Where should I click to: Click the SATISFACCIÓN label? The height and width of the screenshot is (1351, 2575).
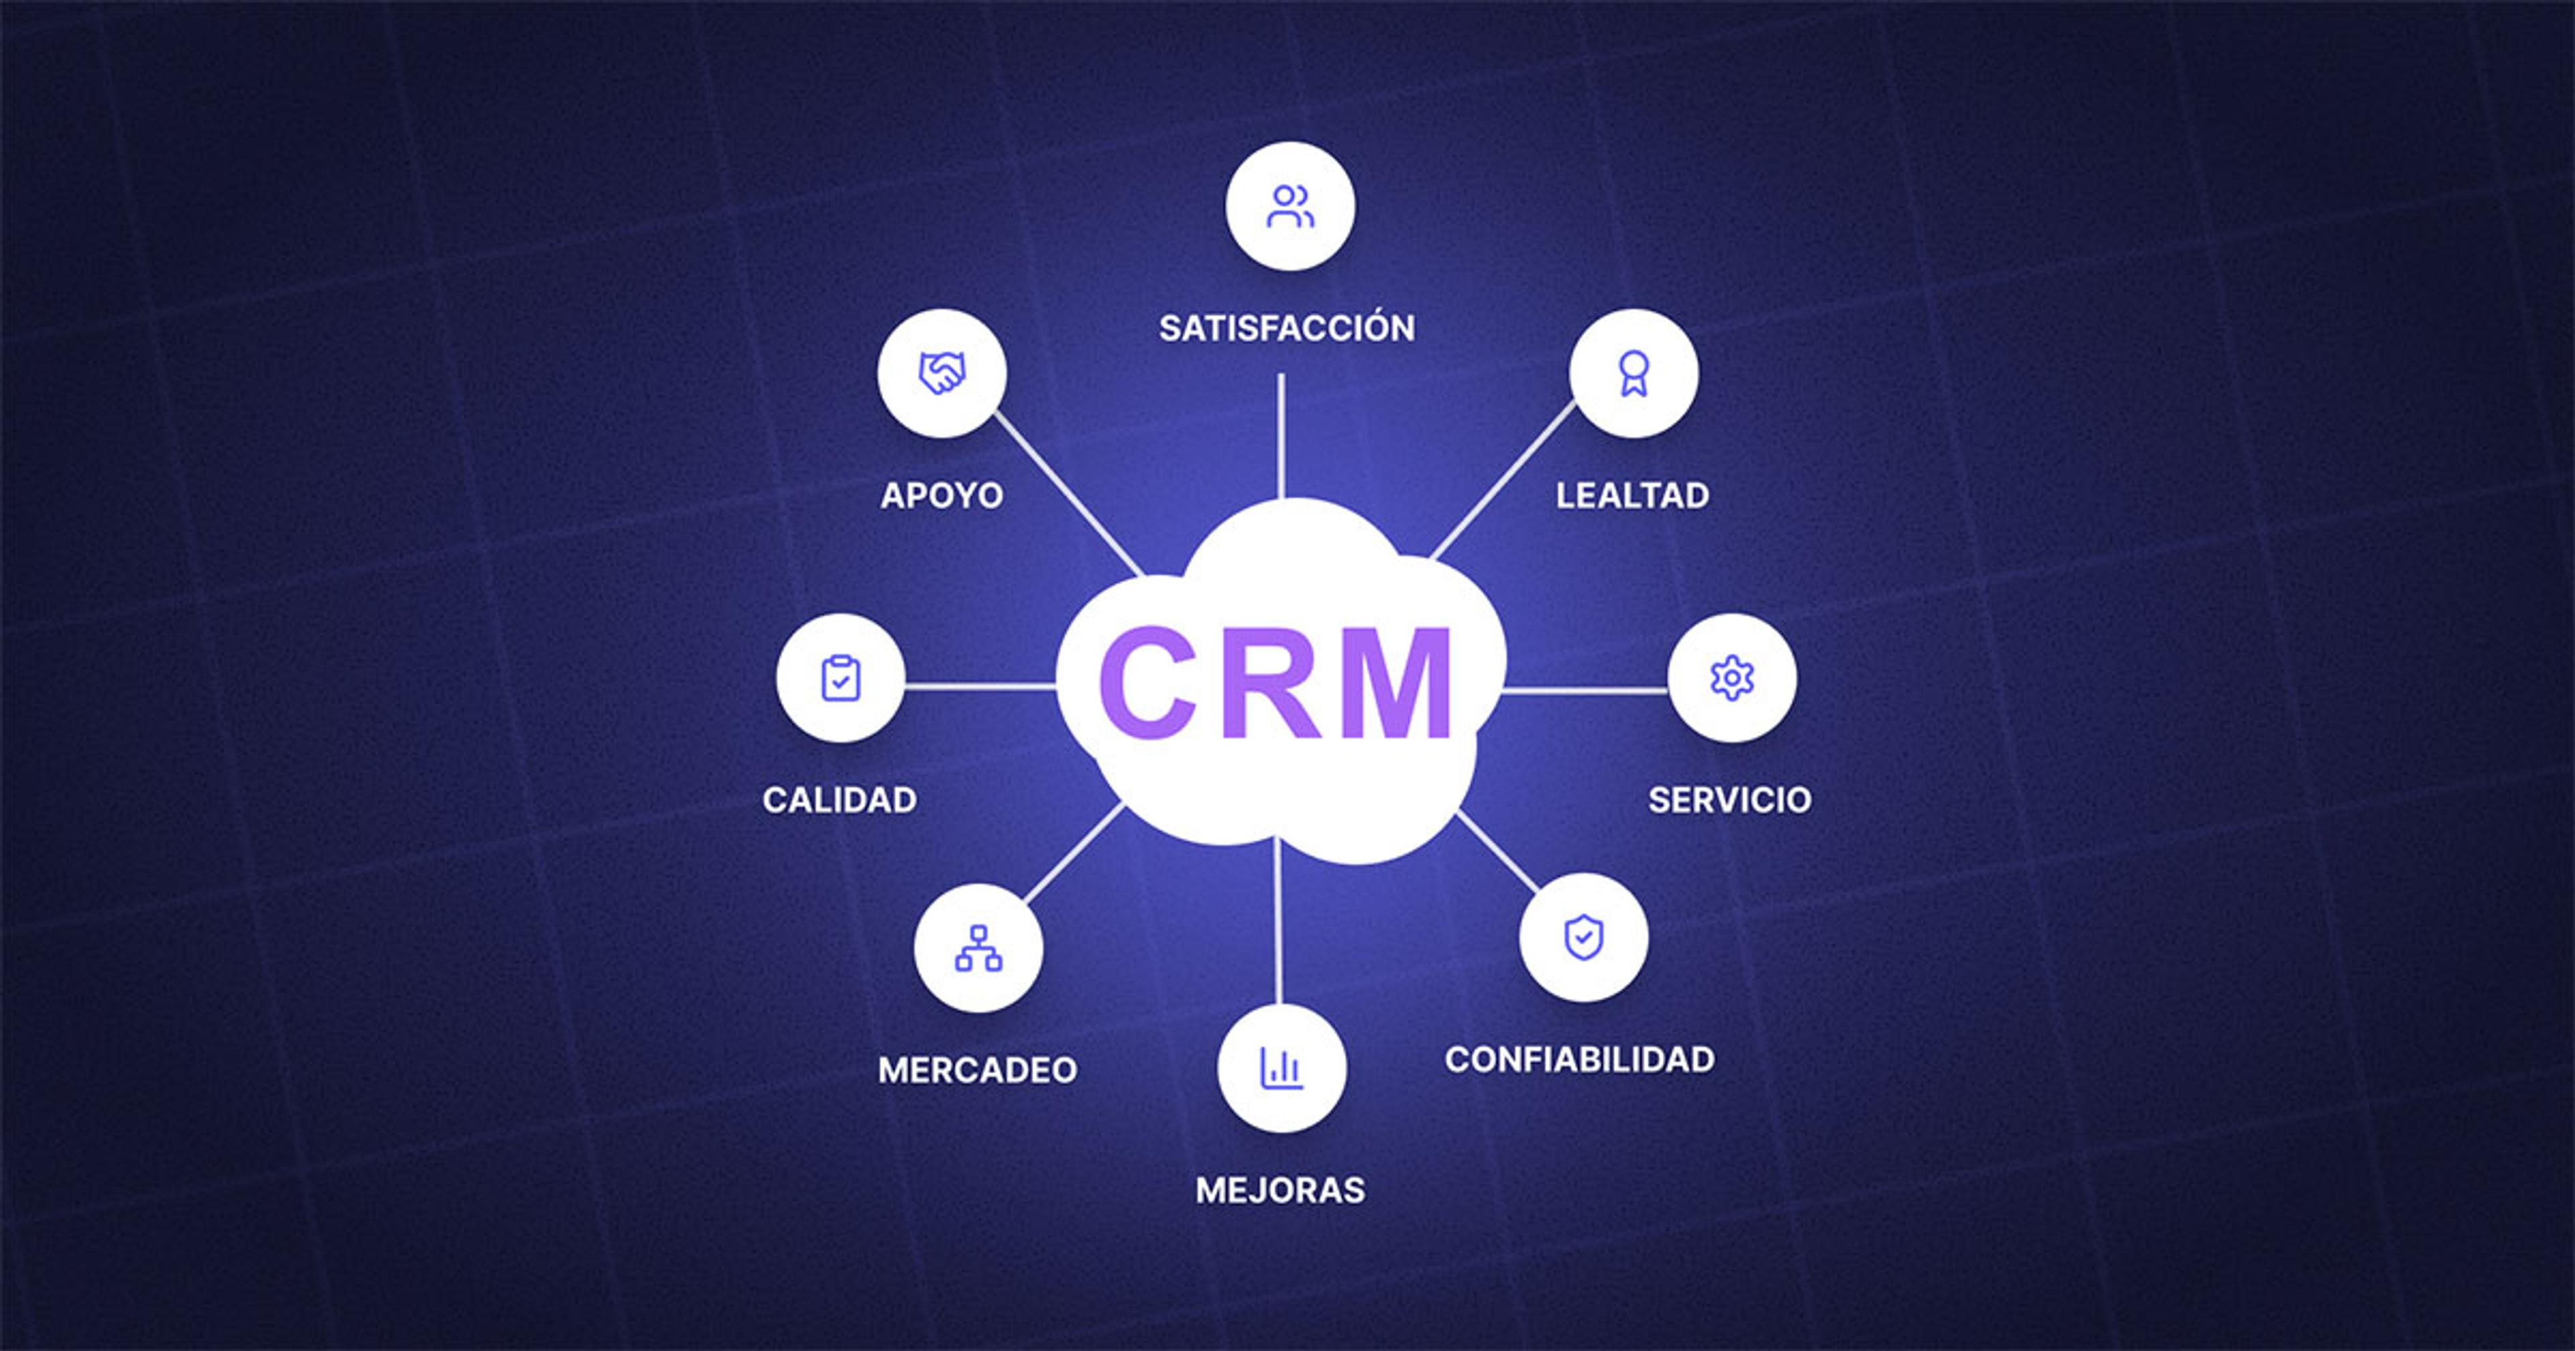pyautogui.click(x=1287, y=328)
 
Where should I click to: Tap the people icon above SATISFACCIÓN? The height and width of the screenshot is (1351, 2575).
pyautogui.click(x=1290, y=206)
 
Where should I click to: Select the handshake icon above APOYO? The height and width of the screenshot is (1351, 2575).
pyautogui.click(x=941, y=373)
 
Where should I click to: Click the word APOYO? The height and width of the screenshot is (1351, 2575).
pyautogui.click(x=941, y=496)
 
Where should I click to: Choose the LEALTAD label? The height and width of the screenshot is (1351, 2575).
pyautogui.click(x=1632, y=496)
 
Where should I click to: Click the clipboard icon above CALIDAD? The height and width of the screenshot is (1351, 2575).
pyautogui.click(x=841, y=678)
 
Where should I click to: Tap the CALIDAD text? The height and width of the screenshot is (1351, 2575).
pyautogui.click(x=840, y=799)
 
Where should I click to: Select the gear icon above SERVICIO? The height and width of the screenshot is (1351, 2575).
pyautogui.click(x=1731, y=678)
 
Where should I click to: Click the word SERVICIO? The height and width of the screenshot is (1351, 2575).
pyautogui.click(x=1729, y=799)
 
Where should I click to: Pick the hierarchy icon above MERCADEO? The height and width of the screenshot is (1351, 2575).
pyautogui.click(x=978, y=948)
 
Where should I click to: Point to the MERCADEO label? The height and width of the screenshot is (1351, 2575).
pyautogui.click(x=978, y=1070)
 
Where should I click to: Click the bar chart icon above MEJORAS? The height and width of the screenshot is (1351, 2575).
pyautogui.click(x=1281, y=1068)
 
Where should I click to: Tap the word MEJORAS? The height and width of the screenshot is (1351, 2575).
pyautogui.click(x=1281, y=1190)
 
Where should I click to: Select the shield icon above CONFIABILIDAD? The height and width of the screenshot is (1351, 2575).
pyautogui.click(x=1583, y=938)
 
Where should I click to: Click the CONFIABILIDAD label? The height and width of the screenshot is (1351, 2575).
pyautogui.click(x=1579, y=1059)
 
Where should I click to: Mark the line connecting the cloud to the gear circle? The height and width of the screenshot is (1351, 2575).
pyautogui.click(x=1585, y=690)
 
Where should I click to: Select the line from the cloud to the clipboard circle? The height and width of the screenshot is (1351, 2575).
pyautogui.click(x=980, y=686)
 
